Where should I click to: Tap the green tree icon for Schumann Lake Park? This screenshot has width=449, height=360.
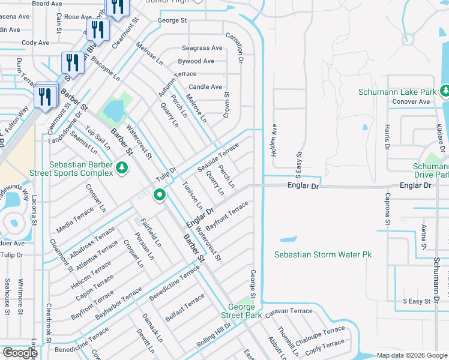[445, 91]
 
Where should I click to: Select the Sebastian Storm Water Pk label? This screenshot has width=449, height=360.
[323, 254]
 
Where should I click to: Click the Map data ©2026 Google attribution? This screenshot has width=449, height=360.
[412, 355]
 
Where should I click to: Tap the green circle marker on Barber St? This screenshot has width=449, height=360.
[159, 195]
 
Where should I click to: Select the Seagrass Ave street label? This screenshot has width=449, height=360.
[202, 48]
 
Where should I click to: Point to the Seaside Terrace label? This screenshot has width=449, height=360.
[218, 155]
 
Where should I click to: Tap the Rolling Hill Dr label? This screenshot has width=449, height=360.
[214, 333]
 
